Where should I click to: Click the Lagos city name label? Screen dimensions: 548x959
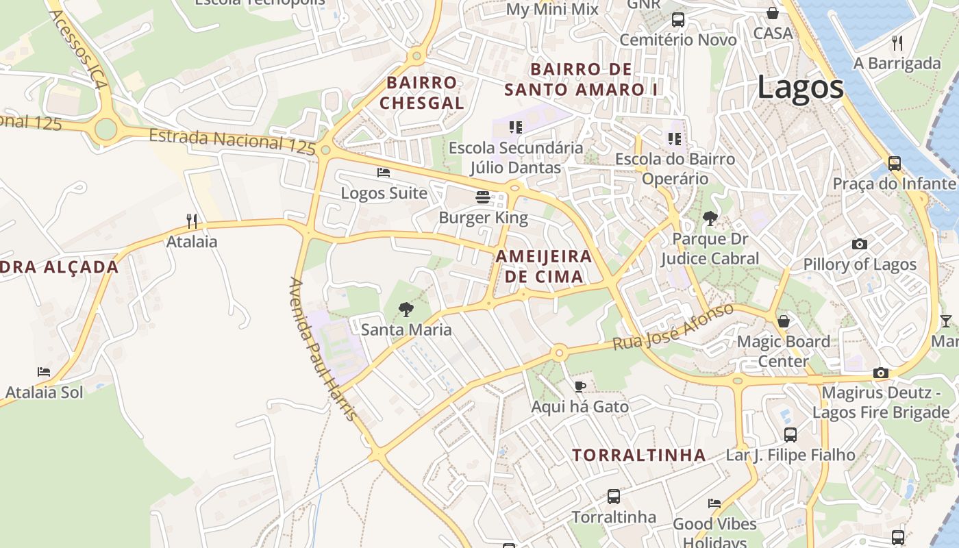coord(800,88)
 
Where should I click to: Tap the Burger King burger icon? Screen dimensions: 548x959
coord(483,198)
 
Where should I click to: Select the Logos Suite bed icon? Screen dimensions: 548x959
coord(384,173)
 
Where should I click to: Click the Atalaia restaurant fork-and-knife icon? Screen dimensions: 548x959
coord(192,221)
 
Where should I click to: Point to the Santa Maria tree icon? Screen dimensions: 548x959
coord(406,309)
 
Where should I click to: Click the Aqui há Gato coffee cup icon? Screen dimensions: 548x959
coord(580,386)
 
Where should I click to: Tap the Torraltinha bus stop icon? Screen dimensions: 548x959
coord(614,497)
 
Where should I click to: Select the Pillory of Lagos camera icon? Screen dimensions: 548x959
coord(859,244)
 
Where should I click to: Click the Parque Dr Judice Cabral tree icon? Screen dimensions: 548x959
coord(710,219)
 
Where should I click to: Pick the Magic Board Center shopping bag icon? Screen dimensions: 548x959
coord(784,321)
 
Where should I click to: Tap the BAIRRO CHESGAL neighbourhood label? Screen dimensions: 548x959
coord(422,93)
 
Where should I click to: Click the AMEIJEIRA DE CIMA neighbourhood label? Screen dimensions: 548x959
coord(544,266)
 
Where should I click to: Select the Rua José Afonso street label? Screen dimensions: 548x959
coord(673,327)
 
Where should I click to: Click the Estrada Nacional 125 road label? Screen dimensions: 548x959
coord(232,140)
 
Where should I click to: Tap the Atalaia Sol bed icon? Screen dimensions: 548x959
coord(44,372)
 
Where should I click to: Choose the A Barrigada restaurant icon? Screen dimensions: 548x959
coord(897,43)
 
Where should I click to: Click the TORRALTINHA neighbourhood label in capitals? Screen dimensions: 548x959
coord(638,455)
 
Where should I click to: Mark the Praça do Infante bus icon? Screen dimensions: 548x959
coord(894,164)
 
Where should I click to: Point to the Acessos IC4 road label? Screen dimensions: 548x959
coord(78,49)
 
